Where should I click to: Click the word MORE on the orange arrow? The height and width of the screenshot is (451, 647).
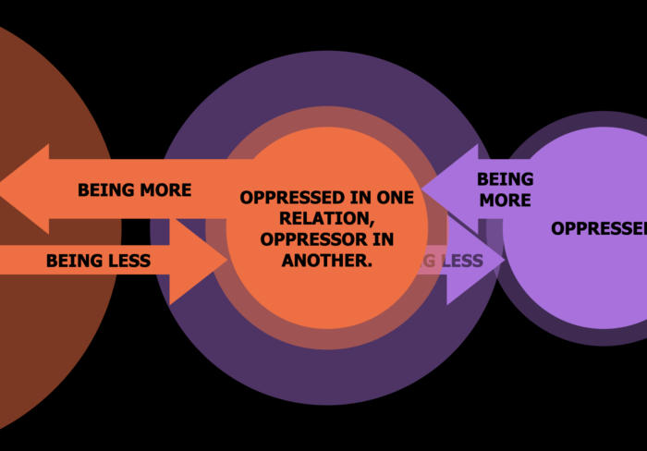[165, 190]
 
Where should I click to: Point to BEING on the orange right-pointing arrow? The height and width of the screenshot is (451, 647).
[72, 262]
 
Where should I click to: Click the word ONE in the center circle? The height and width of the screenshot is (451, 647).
[395, 198]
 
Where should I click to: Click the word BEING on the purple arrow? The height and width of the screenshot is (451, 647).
[505, 179]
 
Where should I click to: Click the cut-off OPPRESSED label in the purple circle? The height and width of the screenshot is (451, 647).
[598, 228]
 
